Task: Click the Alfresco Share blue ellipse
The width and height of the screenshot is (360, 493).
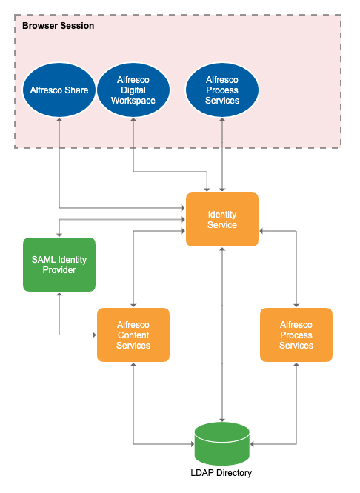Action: coord(59,90)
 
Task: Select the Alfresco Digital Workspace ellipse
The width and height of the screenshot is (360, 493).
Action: coord(133,90)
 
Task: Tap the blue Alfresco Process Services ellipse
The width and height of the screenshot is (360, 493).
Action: coord(222,90)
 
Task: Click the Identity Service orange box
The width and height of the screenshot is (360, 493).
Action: coord(222,219)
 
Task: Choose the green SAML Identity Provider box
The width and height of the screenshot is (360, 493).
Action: coord(59,264)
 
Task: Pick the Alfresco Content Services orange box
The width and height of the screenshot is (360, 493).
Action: coord(133,335)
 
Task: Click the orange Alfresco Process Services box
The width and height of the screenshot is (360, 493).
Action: coord(296,335)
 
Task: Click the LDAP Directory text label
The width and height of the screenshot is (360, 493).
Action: coord(222,473)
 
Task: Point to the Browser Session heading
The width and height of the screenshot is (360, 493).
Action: coord(58,26)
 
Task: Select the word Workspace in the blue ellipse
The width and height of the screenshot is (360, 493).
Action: coord(133,101)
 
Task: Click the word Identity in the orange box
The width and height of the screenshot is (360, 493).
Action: coord(222,214)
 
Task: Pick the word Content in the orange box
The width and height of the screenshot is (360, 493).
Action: coord(133,335)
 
